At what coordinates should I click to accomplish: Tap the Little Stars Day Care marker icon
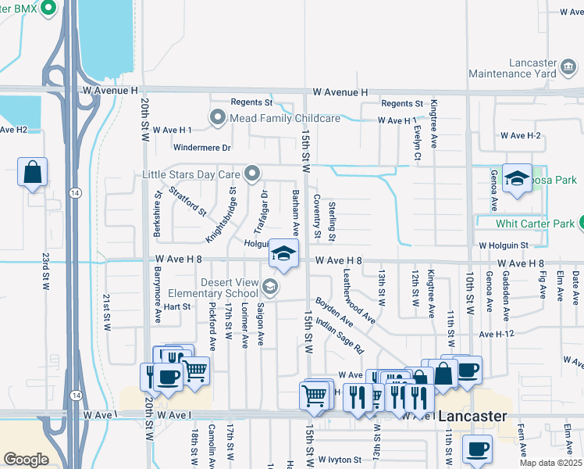tap(251, 174)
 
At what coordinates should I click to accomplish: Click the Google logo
tap(27, 459)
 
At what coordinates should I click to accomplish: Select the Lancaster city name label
tap(473, 417)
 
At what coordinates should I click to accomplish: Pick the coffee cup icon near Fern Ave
tap(477, 449)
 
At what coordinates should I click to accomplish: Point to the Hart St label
tap(177, 306)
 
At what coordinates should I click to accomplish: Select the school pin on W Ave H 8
tap(284, 254)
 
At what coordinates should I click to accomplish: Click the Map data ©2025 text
tap(551, 463)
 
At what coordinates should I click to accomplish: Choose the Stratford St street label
tap(187, 200)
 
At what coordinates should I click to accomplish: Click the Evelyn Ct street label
tap(418, 145)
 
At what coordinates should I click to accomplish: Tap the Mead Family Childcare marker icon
tap(218, 118)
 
